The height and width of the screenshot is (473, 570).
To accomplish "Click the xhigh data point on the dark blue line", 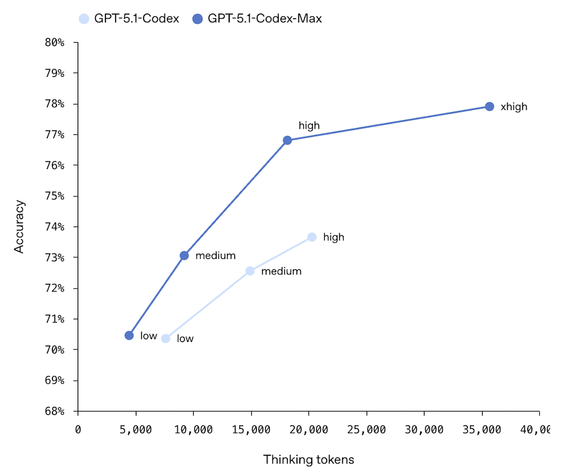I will pos(489,106).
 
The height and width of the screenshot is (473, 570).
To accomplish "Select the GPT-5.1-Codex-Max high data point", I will pos(287,140).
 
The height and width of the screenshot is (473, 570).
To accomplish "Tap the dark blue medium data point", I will pos(184,256).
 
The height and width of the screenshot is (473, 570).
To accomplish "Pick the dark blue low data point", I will pos(129,335).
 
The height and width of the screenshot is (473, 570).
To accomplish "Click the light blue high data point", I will pos(312,237).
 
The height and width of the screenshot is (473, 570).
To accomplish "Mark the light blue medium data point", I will pos(250,271).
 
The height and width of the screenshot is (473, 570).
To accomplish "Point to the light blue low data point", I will pos(166,339).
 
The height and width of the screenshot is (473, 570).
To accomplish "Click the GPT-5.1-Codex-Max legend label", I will pos(264,19).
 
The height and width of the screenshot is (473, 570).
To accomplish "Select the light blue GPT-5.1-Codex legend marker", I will pos(84,19).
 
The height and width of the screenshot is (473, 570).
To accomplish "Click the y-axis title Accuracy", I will pos(20,226).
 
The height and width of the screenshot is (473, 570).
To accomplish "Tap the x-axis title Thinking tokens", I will pos(308,459).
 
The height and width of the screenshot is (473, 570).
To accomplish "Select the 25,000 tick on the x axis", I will pos(366,430).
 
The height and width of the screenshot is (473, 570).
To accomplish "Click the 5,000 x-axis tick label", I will pos(136,430).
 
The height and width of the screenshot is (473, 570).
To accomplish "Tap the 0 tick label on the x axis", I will pos(78,430).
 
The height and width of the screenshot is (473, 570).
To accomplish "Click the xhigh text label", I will pos(514,107).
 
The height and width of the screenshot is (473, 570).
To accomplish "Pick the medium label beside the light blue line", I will pos(281,272).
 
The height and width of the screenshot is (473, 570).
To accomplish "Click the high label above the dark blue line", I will pos(309,126).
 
